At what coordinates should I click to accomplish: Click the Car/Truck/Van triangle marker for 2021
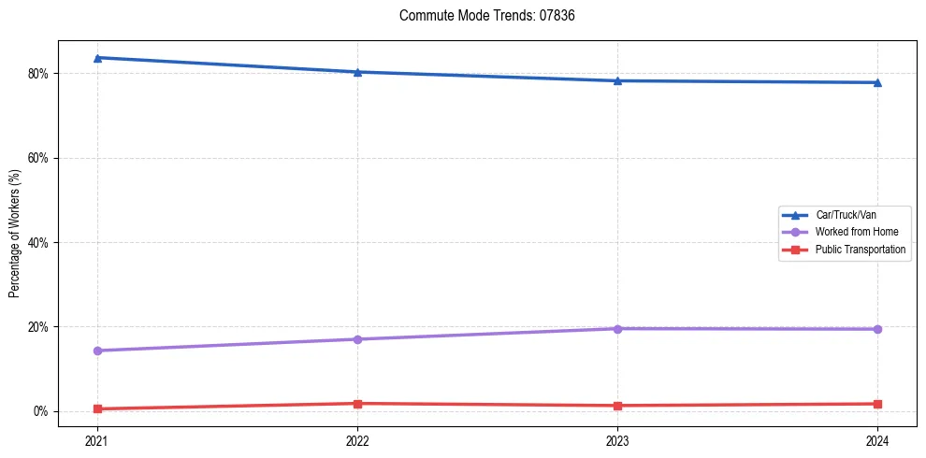tap(97, 58)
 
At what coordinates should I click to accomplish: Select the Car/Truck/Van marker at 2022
tap(357, 72)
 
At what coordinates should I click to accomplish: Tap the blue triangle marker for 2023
tap(617, 80)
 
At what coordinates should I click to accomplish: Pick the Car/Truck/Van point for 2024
tap(877, 82)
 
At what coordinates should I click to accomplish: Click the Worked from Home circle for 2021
tap(97, 351)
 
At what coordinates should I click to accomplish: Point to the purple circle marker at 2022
tap(357, 339)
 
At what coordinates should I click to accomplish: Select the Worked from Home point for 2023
tap(617, 328)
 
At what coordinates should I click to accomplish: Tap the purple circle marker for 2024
tap(877, 329)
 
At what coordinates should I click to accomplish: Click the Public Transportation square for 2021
tap(97, 408)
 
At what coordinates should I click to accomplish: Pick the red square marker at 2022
tap(357, 404)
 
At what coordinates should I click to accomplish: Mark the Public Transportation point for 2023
tap(617, 406)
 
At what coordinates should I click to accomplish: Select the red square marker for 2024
tap(877, 404)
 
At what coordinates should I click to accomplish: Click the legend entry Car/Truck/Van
tap(845, 215)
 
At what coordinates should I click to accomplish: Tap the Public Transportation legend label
tap(860, 250)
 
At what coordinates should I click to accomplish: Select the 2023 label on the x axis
tap(617, 440)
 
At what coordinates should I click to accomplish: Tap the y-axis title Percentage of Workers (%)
tap(14, 234)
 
